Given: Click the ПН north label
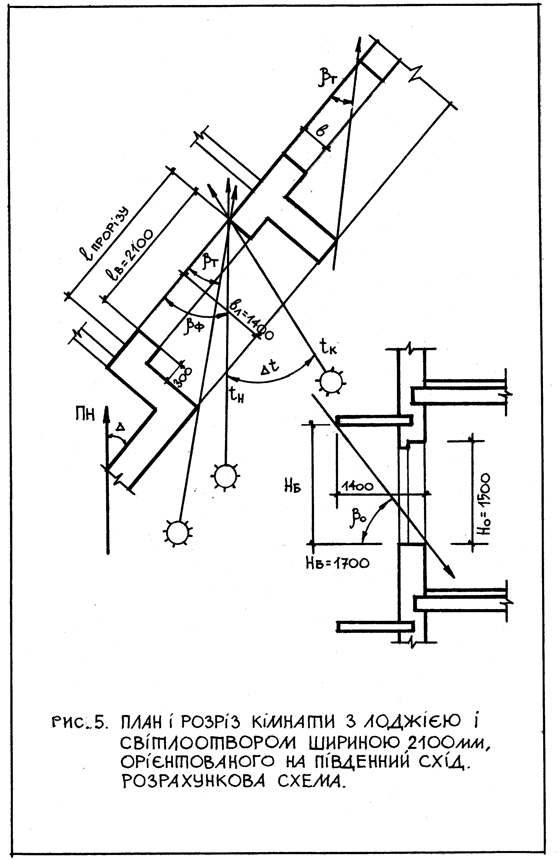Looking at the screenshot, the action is coord(85,414).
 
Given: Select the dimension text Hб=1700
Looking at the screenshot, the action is coord(337,563).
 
